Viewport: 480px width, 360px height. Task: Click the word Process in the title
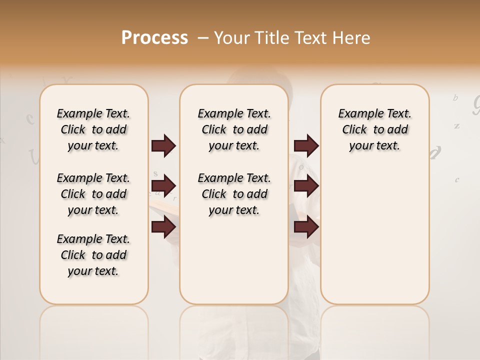[154, 38]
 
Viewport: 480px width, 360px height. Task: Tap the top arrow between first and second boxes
[163, 145]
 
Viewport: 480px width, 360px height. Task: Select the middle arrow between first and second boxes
[163, 186]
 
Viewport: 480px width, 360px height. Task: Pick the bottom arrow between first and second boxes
[163, 227]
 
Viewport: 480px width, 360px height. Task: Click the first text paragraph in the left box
[93, 129]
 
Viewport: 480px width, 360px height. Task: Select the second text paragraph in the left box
[93, 194]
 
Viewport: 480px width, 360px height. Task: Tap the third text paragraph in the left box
[93, 255]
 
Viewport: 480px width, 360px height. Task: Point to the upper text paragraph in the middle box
[234, 129]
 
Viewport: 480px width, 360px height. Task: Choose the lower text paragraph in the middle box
[234, 194]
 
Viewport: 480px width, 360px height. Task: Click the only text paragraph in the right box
[375, 129]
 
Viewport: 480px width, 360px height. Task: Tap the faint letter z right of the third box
[456, 126]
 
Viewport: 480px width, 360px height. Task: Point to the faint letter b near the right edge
[455, 98]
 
